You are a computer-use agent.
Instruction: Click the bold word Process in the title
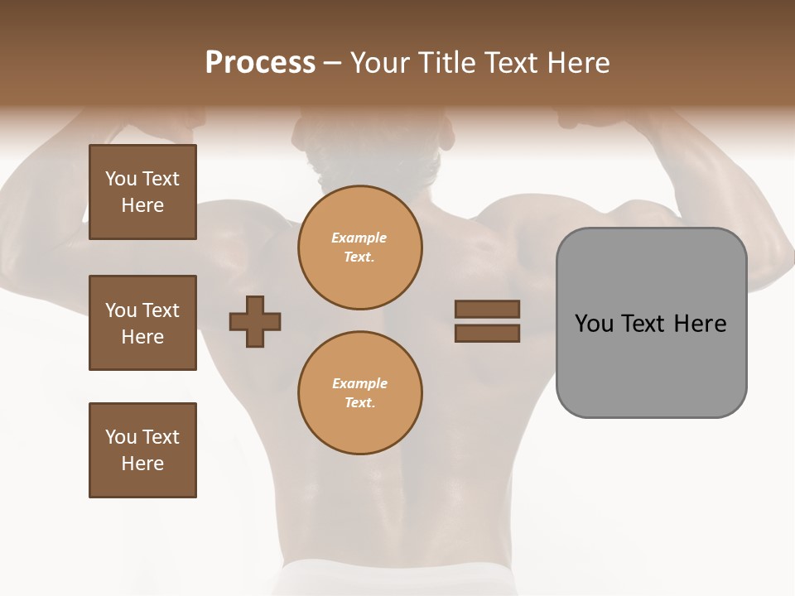(x=260, y=63)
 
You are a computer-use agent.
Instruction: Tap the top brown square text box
(x=142, y=192)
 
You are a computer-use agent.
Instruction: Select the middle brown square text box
(x=142, y=323)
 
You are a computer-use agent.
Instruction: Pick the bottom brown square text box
(x=142, y=449)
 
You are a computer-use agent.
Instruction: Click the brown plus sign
(x=254, y=322)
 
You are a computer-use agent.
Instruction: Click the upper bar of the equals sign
(x=487, y=309)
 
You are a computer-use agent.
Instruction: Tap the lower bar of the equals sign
(x=487, y=334)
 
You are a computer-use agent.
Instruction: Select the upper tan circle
(x=359, y=247)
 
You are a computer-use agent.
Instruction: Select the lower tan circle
(x=359, y=392)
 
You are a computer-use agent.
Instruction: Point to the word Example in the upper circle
(x=359, y=238)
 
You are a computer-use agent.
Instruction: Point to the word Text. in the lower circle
(x=359, y=402)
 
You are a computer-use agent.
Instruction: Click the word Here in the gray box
(x=700, y=324)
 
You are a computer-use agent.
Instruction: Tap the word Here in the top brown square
(x=142, y=205)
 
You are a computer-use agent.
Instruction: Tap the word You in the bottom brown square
(x=121, y=436)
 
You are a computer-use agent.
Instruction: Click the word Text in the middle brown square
(x=161, y=310)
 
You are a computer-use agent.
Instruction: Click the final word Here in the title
(x=579, y=63)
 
